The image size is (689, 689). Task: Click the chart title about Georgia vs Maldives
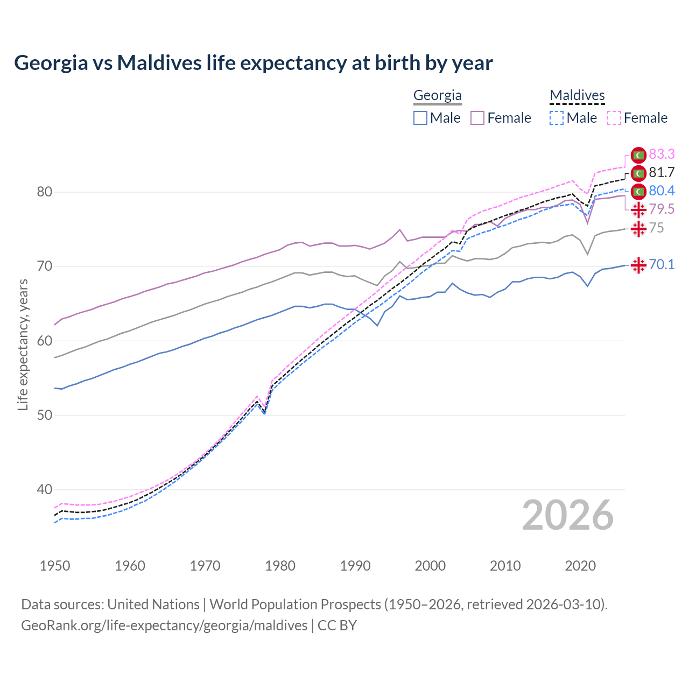point(253,63)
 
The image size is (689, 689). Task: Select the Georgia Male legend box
point(420,118)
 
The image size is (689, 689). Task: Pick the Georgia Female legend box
point(477,118)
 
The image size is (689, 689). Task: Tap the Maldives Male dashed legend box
point(557,118)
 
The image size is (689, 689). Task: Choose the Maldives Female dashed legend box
point(614,118)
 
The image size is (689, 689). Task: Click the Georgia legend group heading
point(437,96)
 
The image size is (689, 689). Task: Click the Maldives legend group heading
point(577,96)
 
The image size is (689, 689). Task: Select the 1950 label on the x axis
point(55,566)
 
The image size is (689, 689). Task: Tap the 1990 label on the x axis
point(355,566)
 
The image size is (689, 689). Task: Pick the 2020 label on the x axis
point(580,566)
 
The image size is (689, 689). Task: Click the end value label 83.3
point(662,154)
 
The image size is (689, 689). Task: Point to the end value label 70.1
point(662,264)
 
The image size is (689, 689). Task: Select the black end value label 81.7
point(662,173)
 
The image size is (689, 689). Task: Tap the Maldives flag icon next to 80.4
point(638,191)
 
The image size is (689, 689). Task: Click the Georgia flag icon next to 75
point(638,228)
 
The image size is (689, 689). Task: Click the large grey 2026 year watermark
point(568,515)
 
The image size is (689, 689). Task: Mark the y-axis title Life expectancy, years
point(23,344)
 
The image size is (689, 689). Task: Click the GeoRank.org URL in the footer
point(164,625)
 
